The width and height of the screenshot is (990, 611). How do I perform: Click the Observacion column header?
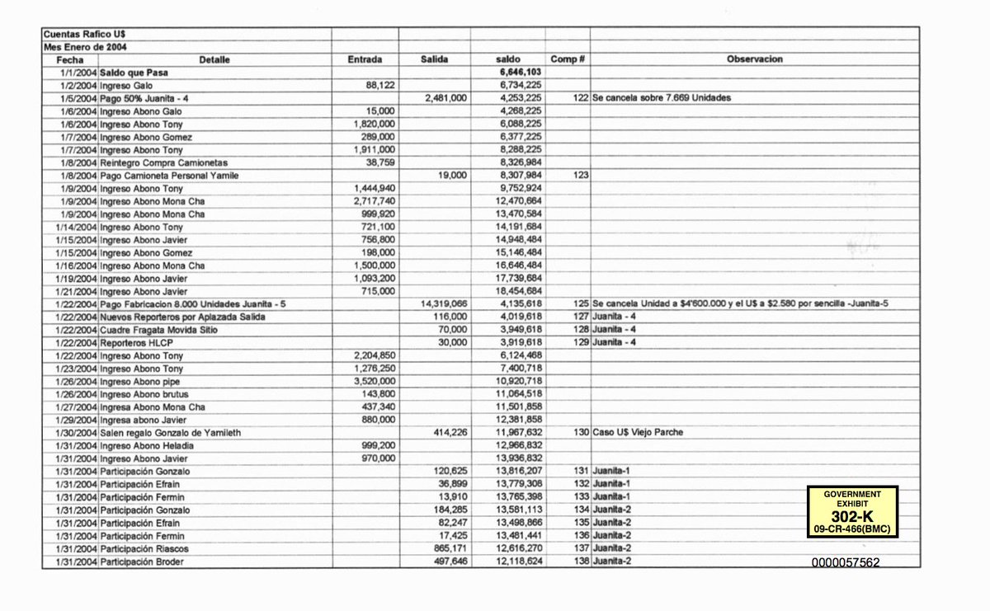pyautogui.click(x=754, y=59)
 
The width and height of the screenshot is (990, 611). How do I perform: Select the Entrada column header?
pyautogui.click(x=365, y=59)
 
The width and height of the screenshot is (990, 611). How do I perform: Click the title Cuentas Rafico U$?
pyautogui.click(x=84, y=34)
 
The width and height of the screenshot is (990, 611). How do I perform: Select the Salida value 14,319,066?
pyautogui.click(x=445, y=304)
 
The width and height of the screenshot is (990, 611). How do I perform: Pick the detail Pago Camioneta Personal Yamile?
pyautogui.click(x=164, y=176)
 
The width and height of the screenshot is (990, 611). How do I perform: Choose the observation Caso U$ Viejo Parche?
pyautogui.click(x=640, y=433)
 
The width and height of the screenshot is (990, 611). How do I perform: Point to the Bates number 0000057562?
pyautogui.click(x=846, y=562)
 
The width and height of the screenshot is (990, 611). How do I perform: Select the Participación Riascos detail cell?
pyautogui.click(x=143, y=549)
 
